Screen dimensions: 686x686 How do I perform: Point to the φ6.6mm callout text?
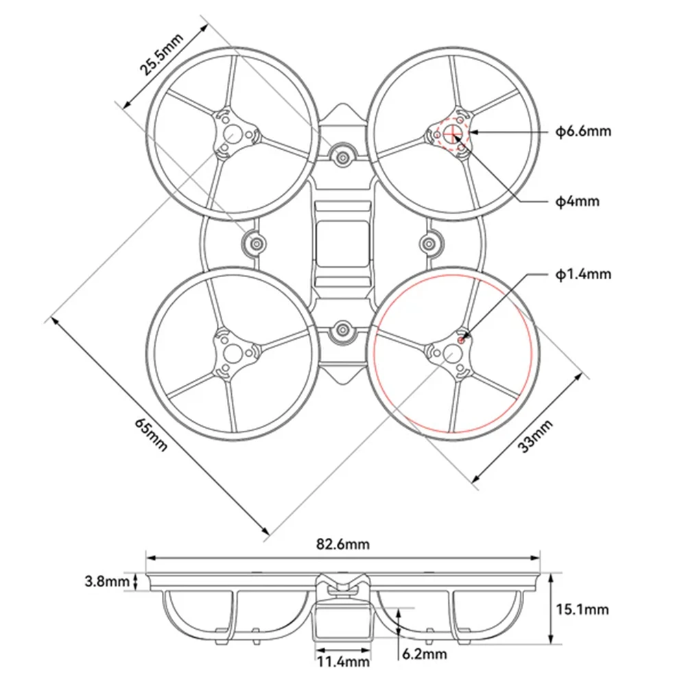click(x=582, y=131)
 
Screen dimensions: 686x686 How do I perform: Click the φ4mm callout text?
click(x=577, y=201)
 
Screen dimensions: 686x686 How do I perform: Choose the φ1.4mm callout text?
click(x=582, y=274)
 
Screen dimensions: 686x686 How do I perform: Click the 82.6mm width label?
click(x=343, y=545)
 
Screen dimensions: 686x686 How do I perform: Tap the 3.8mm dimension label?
click(x=107, y=582)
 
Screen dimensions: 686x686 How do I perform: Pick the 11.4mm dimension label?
click(x=343, y=662)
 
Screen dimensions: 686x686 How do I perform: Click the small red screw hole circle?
click(x=462, y=337)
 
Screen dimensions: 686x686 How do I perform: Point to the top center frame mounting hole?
click(x=342, y=157)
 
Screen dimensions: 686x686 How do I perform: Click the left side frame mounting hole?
click(x=255, y=243)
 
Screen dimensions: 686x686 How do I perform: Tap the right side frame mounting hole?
click(x=430, y=243)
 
